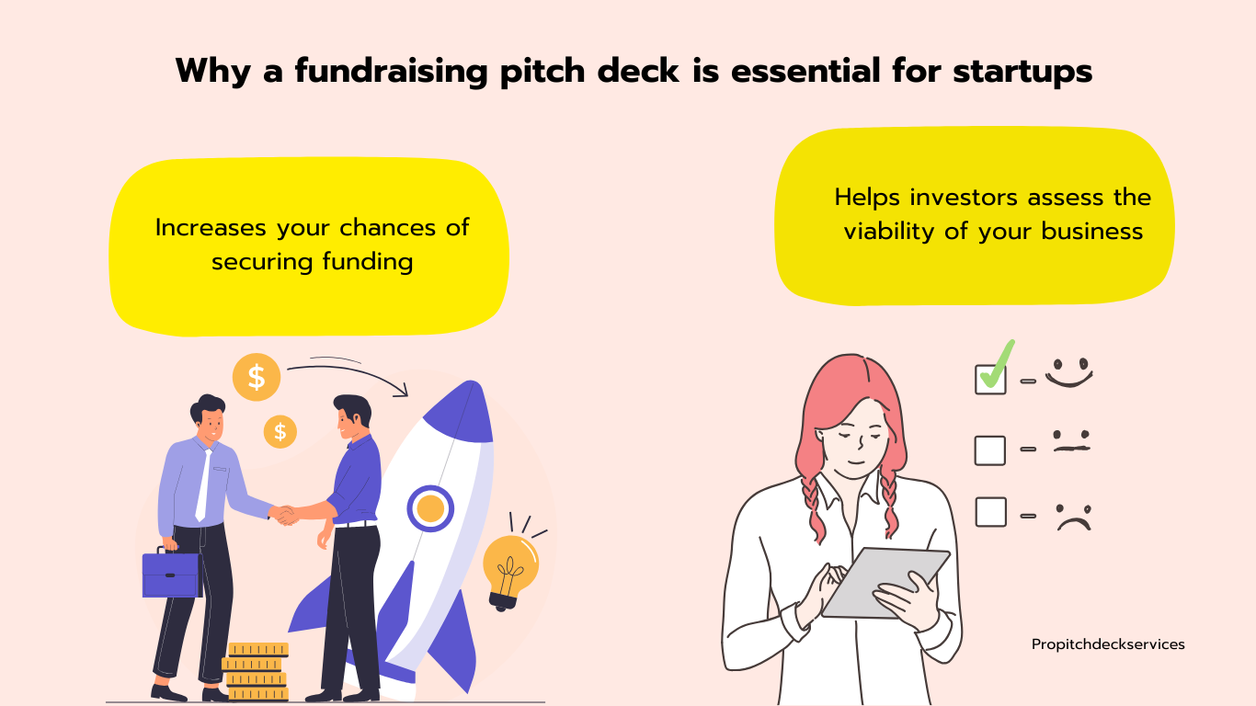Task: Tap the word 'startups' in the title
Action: pyautogui.click(x=1022, y=73)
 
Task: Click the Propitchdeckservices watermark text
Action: pyautogui.click(x=1108, y=645)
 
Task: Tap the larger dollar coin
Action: pyautogui.click(x=257, y=377)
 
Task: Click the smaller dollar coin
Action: pyautogui.click(x=280, y=432)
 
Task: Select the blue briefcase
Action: pyautogui.click(x=172, y=573)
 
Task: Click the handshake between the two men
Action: pyautogui.click(x=285, y=515)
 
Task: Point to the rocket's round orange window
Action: pyautogui.click(x=430, y=508)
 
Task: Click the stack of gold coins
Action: pyautogui.click(x=257, y=672)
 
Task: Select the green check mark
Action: pyautogui.click(x=998, y=366)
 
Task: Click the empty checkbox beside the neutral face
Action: pyautogui.click(x=989, y=450)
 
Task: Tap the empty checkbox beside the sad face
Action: pyautogui.click(x=990, y=511)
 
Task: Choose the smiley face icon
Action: pyautogui.click(x=1069, y=372)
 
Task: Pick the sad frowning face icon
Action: pyautogui.click(x=1074, y=517)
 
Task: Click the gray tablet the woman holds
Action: pyautogui.click(x=886, y=583)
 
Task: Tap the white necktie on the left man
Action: pyautogui.click(x=203, y=485)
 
